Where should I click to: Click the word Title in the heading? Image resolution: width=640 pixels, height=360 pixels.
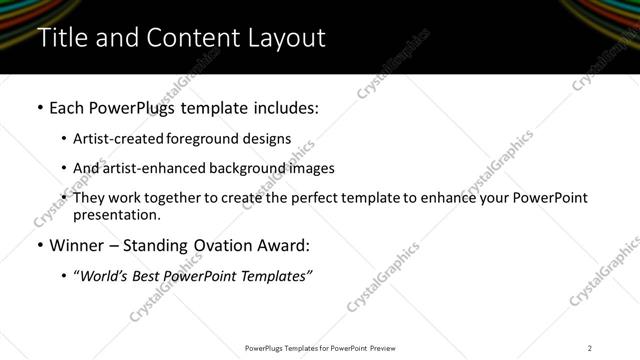[62, 38]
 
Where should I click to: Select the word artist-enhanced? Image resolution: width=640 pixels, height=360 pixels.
[144, 168]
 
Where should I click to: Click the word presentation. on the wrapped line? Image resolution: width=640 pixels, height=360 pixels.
[116, 215]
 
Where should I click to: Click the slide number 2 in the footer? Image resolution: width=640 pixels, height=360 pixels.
[590, 347]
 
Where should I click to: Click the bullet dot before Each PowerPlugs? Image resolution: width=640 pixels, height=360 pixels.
[39, 108]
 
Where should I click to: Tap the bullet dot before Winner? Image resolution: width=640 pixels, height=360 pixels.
[39, 246]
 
